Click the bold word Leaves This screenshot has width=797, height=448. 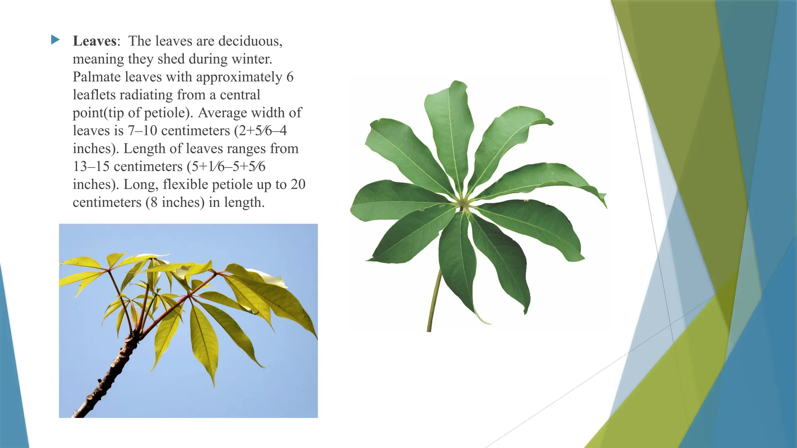pos(95,41)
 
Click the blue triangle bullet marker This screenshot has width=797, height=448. pos(55,39)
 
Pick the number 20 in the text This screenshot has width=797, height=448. pos(298,184)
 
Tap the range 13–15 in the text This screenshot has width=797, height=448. pos(91,166)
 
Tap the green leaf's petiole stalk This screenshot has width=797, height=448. pos(435,299)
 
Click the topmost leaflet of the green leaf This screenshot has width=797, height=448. pos(449,128)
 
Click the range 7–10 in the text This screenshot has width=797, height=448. pos(142,131)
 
